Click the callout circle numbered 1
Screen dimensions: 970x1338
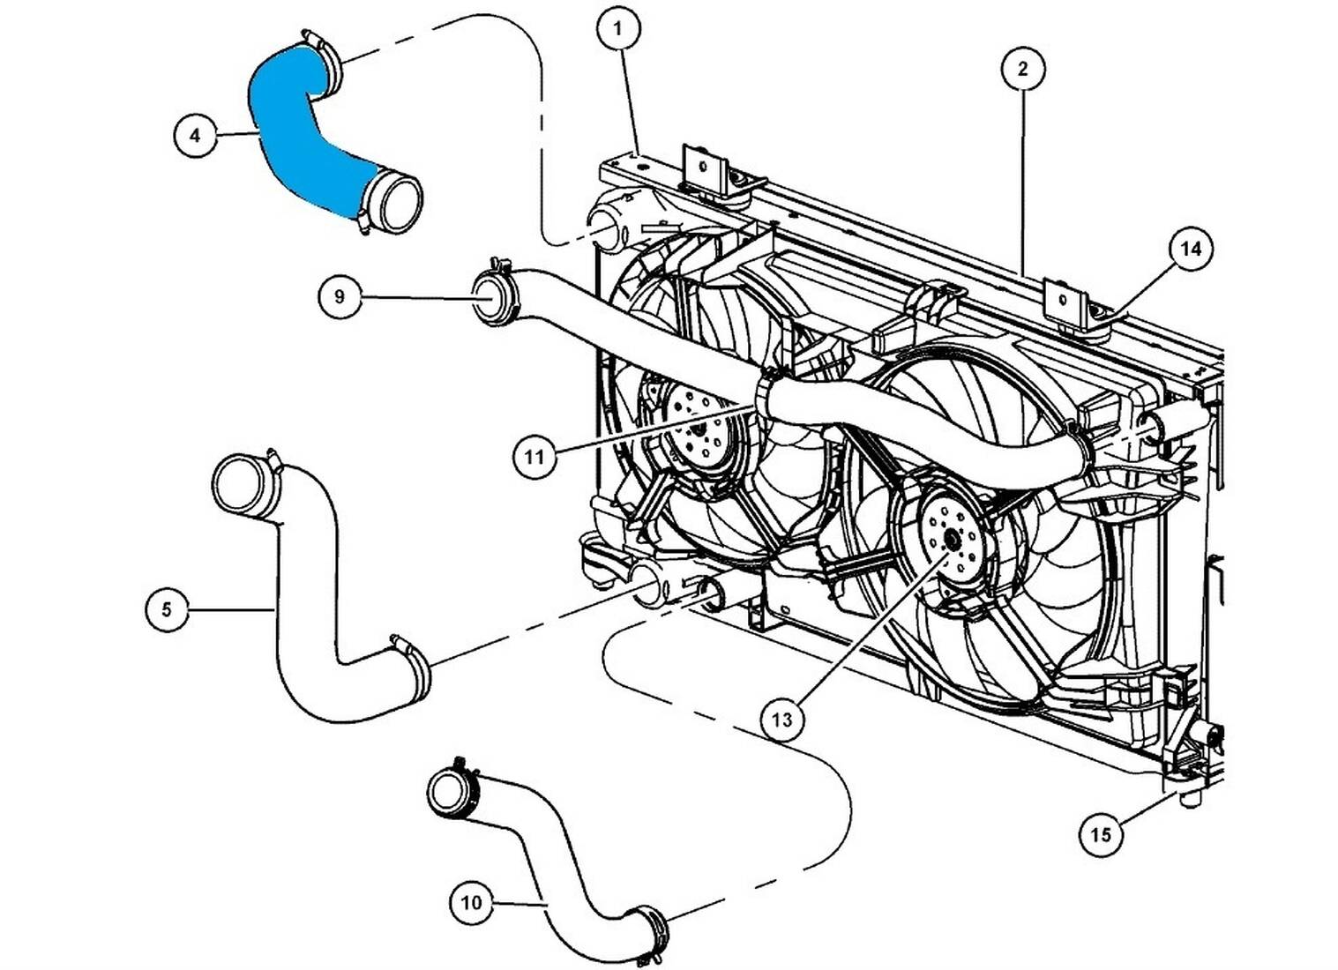click(617, 28)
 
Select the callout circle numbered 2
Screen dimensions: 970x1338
click(1022, 69)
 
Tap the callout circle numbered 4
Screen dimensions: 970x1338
click(195, 136)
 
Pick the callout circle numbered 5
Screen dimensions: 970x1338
click(167, 608)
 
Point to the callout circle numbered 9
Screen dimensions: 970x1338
click(340, 296)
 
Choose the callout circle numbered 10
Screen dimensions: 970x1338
click(471, 903)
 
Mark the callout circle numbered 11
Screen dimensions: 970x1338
click(534, 457)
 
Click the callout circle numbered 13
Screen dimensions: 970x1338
click(781, 720)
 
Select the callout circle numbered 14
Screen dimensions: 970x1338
click(1190, 250)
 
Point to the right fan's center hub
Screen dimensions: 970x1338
click(949, 540)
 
